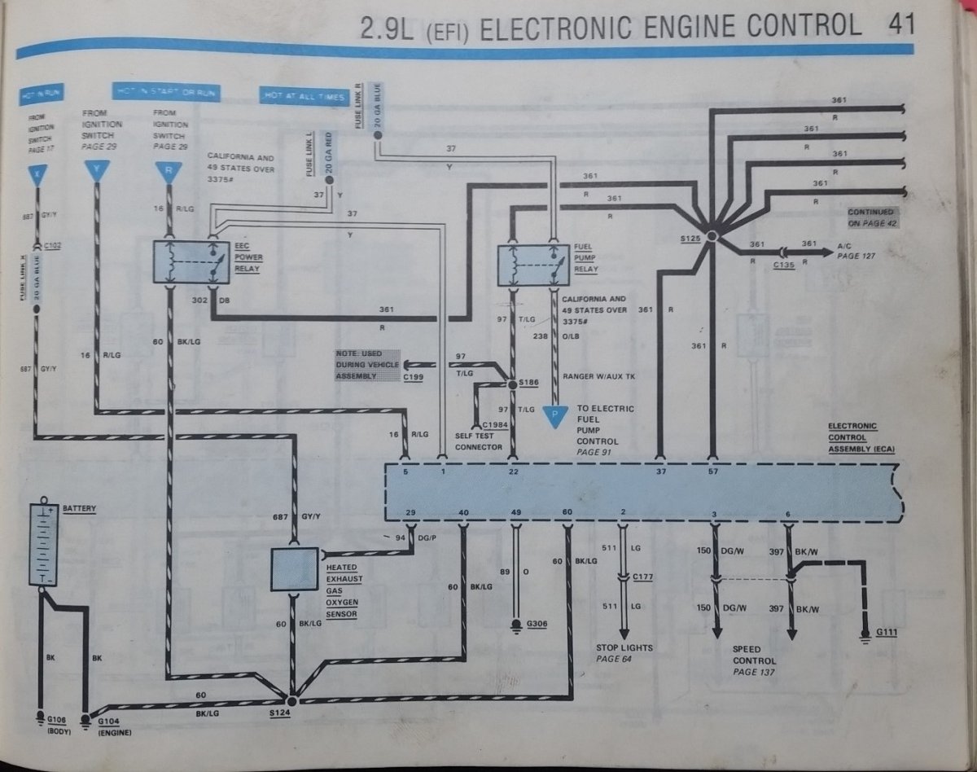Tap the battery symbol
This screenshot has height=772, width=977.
coord(42,543)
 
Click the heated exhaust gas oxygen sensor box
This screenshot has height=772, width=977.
coord(294,568)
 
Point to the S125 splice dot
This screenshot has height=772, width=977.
coord(711,235)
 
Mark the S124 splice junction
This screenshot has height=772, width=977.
coord(291,699)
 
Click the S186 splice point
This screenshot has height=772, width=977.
coord(512,383)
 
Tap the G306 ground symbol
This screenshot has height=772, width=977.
coord(515,625)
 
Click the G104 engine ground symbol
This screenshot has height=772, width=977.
coord(85,718)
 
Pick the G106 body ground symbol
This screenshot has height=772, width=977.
coord(41,718)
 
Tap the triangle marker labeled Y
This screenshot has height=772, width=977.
coord(97,171)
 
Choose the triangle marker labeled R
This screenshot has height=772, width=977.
coord(168,171)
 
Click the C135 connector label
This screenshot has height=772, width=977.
coord(784,265)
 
